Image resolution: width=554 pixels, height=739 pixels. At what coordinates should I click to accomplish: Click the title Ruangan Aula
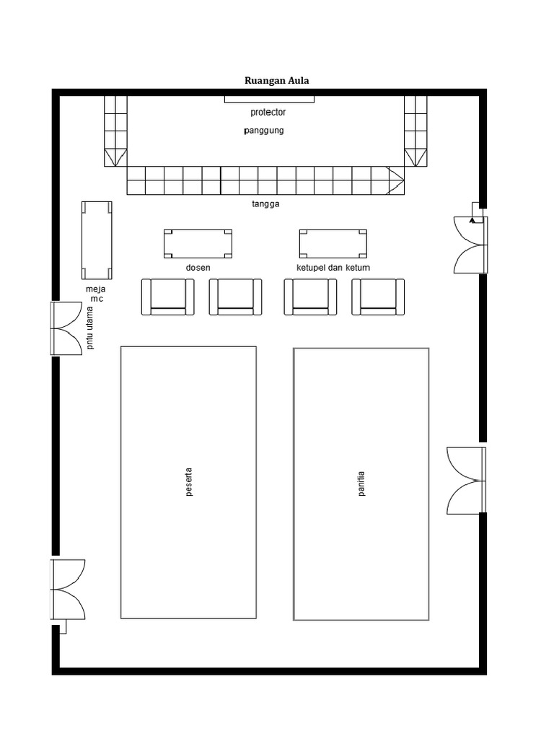(277, 80)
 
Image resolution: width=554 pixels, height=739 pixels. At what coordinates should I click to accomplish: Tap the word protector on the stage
(268, 112)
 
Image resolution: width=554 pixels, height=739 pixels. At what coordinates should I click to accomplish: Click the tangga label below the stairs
(265, 204)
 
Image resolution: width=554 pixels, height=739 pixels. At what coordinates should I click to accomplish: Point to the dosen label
(198, 268)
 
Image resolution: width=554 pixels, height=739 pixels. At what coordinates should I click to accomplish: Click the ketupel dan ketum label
(333, 268)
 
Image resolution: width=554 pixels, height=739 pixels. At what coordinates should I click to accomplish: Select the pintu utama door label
(90, 331)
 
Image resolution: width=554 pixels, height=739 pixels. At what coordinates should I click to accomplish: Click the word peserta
(189, 483)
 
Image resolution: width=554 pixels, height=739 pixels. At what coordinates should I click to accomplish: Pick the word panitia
(361, 483)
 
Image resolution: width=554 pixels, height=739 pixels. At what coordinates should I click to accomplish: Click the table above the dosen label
(198, 244)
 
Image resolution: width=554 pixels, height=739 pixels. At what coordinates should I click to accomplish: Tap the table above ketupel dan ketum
(333, 244)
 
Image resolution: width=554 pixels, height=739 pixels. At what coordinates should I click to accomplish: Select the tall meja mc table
(97, 240)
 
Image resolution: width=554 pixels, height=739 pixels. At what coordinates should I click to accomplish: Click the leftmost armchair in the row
(167, 297)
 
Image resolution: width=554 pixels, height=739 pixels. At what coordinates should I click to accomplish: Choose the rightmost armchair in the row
(378, 297)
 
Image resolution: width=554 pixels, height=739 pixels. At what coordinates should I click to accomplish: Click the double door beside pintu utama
(66, 328)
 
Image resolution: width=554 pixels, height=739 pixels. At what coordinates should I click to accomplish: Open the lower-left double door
(68, 589)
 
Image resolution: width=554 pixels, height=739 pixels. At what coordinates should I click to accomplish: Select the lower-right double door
(466, 481)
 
